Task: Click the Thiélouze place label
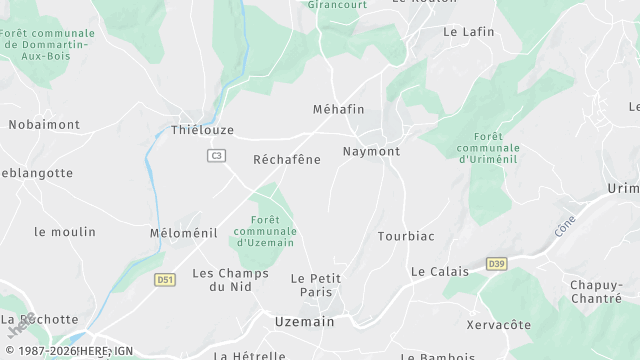coord(202,130)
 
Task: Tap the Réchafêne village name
coord(287,159)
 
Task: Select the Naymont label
coord(371,151)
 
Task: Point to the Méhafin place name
coord(338,109)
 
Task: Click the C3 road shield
coord(216,155)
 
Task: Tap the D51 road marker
coord(165,280)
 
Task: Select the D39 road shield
coord(496,263)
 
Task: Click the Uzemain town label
coord(305,321)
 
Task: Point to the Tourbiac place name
coord(406,237)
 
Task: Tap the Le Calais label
coord(439,271)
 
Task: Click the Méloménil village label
coord(183,233)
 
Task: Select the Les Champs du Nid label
coord(230,280)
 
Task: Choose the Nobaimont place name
coord(44,124)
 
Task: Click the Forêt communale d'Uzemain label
coord(265,232)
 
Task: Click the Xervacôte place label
coord(499,325)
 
